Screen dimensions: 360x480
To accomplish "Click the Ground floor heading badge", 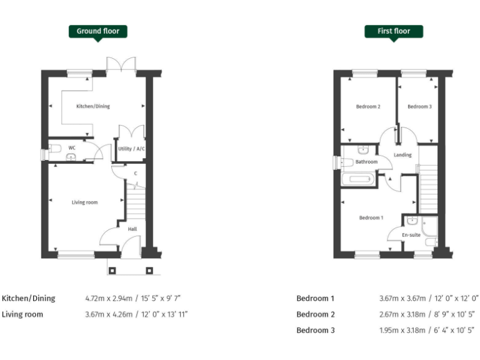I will (x=98, y=31).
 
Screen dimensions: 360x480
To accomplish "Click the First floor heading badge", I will (x=393, y=31).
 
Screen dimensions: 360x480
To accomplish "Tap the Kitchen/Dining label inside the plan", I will (x=93, y=106).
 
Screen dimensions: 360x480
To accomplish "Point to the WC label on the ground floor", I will (x=72, y=148).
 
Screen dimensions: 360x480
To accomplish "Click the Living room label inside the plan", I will (x=84, y=202).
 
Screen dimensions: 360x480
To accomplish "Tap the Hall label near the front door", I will (x=132, y=229).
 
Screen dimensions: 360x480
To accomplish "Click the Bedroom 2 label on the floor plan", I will (x=368, y=107).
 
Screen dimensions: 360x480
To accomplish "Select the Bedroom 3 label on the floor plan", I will (x=419, y=107).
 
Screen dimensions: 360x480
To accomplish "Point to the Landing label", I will (x=402, y=155).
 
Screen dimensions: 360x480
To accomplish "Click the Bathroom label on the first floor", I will (x=366, y=162).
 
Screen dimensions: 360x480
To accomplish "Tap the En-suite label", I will (x=411, y=235).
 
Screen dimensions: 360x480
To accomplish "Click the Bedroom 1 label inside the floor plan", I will (x=371, y=217).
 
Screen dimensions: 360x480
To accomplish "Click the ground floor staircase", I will (x=136, y=202).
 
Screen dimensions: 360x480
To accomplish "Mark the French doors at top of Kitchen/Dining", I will (x=121, y=64).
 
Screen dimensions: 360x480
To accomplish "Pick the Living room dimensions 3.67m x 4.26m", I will (x=136, y=314).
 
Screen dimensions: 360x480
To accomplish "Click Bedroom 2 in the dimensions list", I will (x=316, y=314).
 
